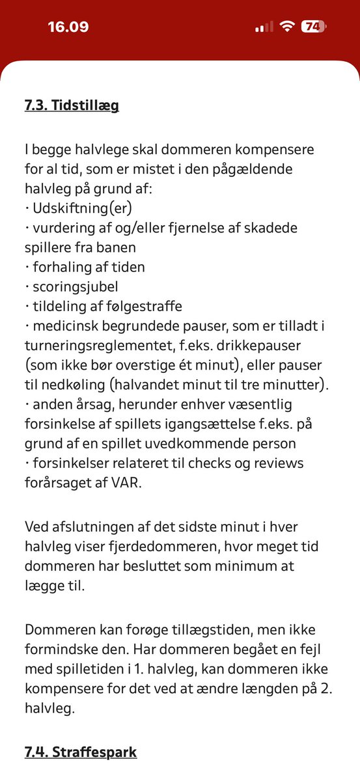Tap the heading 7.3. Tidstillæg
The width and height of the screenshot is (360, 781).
[72, 105]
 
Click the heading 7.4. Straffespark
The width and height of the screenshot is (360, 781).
[81, 752]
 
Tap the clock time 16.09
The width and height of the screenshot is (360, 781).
[68, 27]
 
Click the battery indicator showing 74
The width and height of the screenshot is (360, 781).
[314, 27]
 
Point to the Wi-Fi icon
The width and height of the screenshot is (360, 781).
[286, 27]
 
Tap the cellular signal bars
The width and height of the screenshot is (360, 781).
[264, 27]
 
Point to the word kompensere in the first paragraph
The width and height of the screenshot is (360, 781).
[267, 150]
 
